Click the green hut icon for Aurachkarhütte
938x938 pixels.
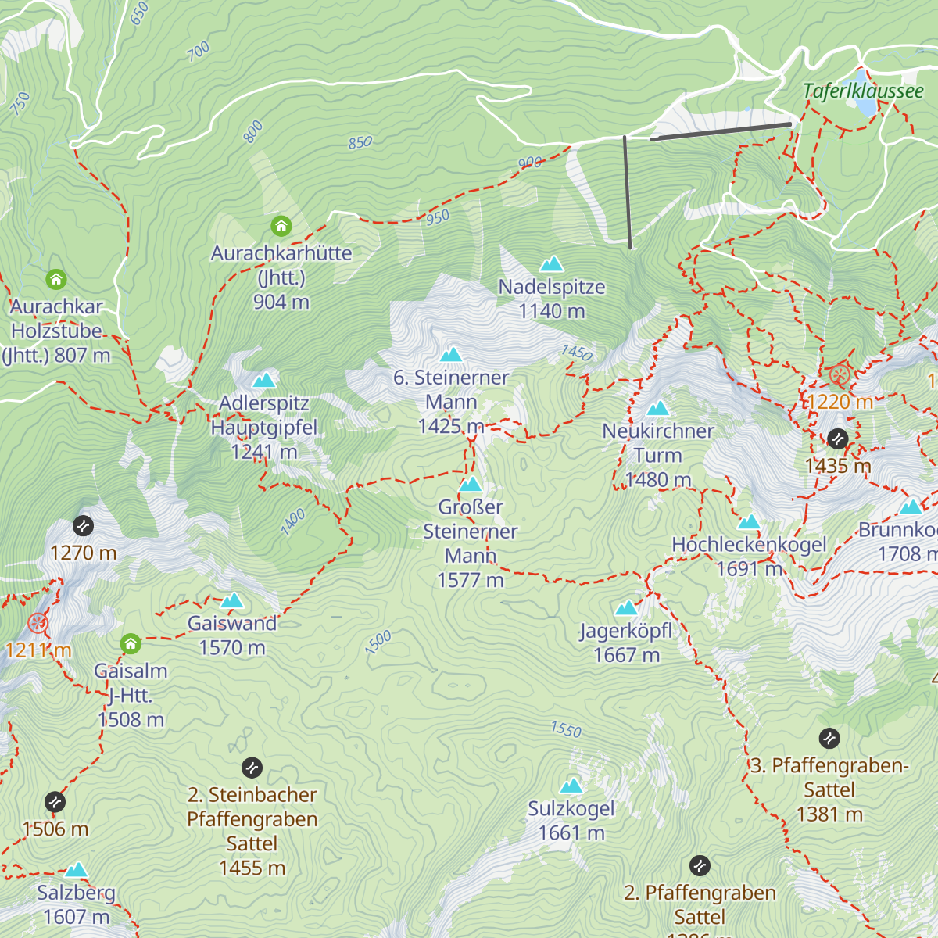pos(281,227)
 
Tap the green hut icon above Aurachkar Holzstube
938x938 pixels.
pos(55,279)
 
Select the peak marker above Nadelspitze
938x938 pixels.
pos(552,263)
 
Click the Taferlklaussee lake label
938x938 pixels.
pos(863,91)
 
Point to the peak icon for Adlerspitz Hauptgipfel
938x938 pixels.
pos(264,381)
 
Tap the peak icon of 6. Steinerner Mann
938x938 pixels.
pos(451,355)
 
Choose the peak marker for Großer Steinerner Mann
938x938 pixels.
pos(470,485)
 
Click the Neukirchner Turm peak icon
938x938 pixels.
pos(657,408)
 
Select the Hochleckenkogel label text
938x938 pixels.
pos(749,545)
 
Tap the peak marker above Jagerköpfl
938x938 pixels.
pos(626,607)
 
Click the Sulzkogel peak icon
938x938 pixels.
pos(571,786)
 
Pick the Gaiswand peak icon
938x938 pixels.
pos(232,600)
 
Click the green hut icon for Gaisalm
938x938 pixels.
pos(131,644)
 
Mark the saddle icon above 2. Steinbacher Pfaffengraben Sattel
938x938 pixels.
pos(252,768)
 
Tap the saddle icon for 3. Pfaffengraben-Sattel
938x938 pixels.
pos(829,738)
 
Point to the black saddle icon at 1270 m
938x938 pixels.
pos(83,526)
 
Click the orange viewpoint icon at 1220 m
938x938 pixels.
pos(840,375)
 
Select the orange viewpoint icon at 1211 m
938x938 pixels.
pos(38,623)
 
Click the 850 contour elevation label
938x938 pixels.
pos(360,143)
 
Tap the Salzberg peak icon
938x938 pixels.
pos(76,870)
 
